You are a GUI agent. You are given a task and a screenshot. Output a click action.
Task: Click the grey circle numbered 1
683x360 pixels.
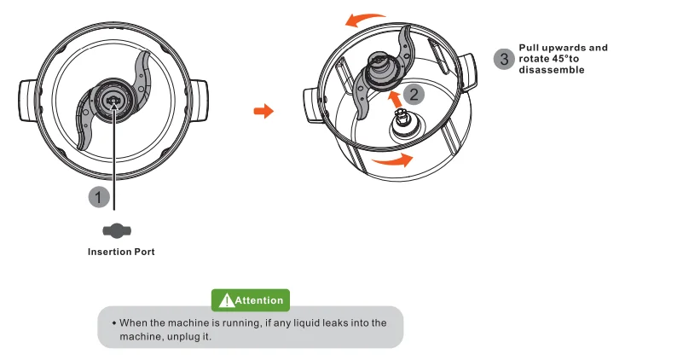click(x=100, y=196)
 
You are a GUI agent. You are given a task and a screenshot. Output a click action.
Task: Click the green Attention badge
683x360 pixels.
click(x=251, y=300)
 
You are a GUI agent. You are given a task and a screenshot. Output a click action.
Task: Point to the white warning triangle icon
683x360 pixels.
click(x=226, y=300)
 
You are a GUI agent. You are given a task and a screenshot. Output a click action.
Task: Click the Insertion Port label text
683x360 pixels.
click(x=121, y=253)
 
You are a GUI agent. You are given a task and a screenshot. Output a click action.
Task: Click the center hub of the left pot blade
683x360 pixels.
click(x=113, y=99)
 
